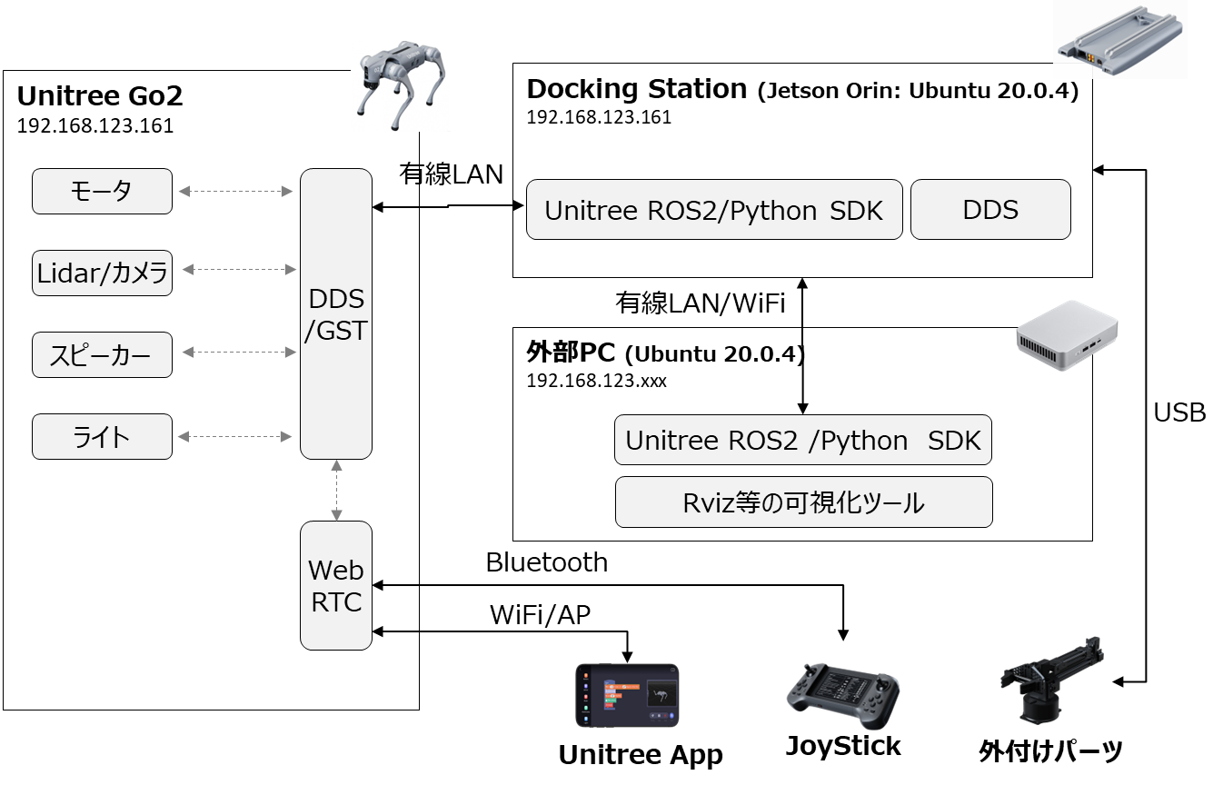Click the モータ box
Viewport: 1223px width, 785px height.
coord(102,191)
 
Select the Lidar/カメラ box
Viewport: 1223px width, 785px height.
coord(102,273)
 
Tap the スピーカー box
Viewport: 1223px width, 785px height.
coord(102,354)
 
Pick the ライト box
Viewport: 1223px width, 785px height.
coord(102,436)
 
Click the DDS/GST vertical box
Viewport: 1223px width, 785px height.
coord(336,313)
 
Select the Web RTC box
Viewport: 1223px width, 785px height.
coord(336,585)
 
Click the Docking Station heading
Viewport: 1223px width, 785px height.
coord(636,89)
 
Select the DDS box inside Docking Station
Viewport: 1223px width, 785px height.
coord(990,210)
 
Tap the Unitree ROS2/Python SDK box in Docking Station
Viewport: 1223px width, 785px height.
coord(714,210)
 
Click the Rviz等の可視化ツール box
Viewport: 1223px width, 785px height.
coord(803,502)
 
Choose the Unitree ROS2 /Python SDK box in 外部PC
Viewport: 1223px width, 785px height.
coord(803,441)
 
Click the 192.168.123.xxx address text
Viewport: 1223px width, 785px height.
coord(596,381)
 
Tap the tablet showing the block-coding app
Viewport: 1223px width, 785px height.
coord(627,695)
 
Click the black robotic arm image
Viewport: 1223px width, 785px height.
coord(1050,682)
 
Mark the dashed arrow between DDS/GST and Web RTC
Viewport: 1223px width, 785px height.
coord(336,490)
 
